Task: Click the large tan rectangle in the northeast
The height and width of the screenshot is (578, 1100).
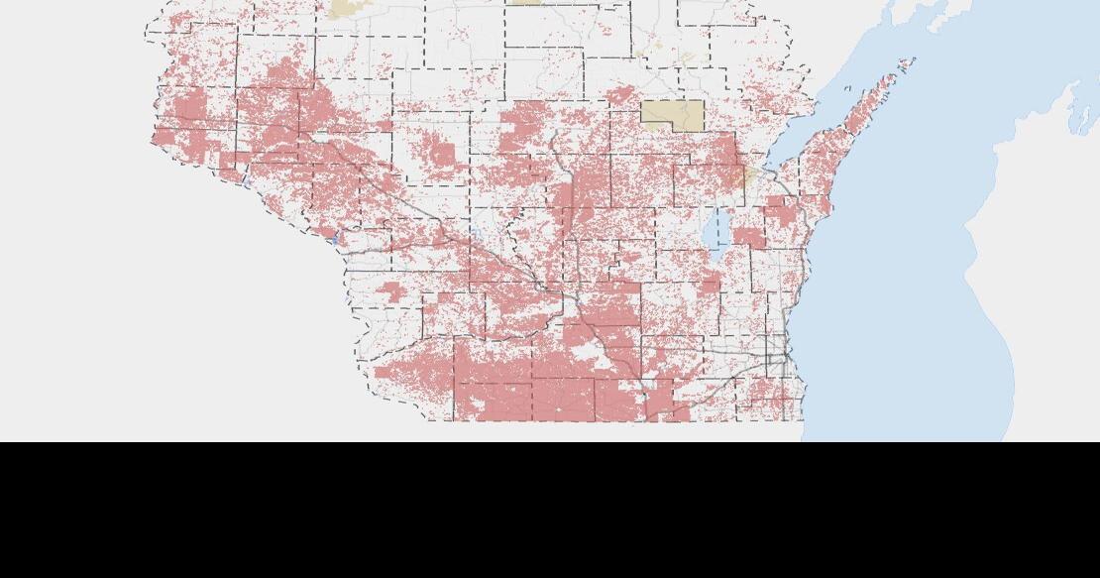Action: point(673,114)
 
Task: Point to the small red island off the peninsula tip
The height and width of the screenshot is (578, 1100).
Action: point(905,64)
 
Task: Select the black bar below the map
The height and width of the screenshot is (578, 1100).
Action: point(550,510)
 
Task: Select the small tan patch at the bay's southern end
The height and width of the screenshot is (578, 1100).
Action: point(738,176)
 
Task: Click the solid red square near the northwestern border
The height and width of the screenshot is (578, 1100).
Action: point(187,105)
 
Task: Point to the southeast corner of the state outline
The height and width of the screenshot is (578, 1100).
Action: point(803,420)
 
